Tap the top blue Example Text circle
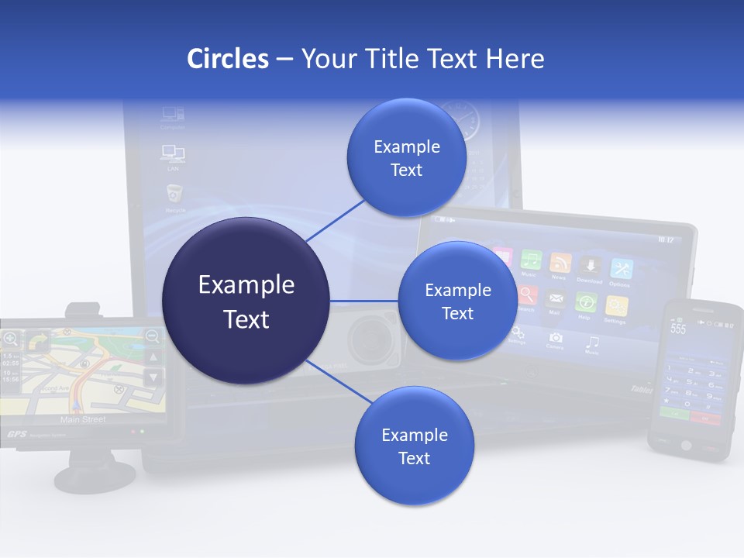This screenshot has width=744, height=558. click(406, 158)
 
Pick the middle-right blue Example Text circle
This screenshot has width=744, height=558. click(457, 301)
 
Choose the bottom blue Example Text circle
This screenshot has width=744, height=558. click(414, 446)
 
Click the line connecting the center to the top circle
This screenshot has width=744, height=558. click(336, 219)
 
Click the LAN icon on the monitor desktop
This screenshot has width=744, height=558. click(172, 153)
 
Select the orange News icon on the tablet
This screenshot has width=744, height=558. click(560, 263)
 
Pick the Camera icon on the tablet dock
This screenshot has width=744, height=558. click(555, 338)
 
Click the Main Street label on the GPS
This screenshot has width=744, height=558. click(82, 419)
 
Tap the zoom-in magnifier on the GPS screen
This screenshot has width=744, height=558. click(11, 338)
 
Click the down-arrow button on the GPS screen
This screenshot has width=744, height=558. click(153, 377)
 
